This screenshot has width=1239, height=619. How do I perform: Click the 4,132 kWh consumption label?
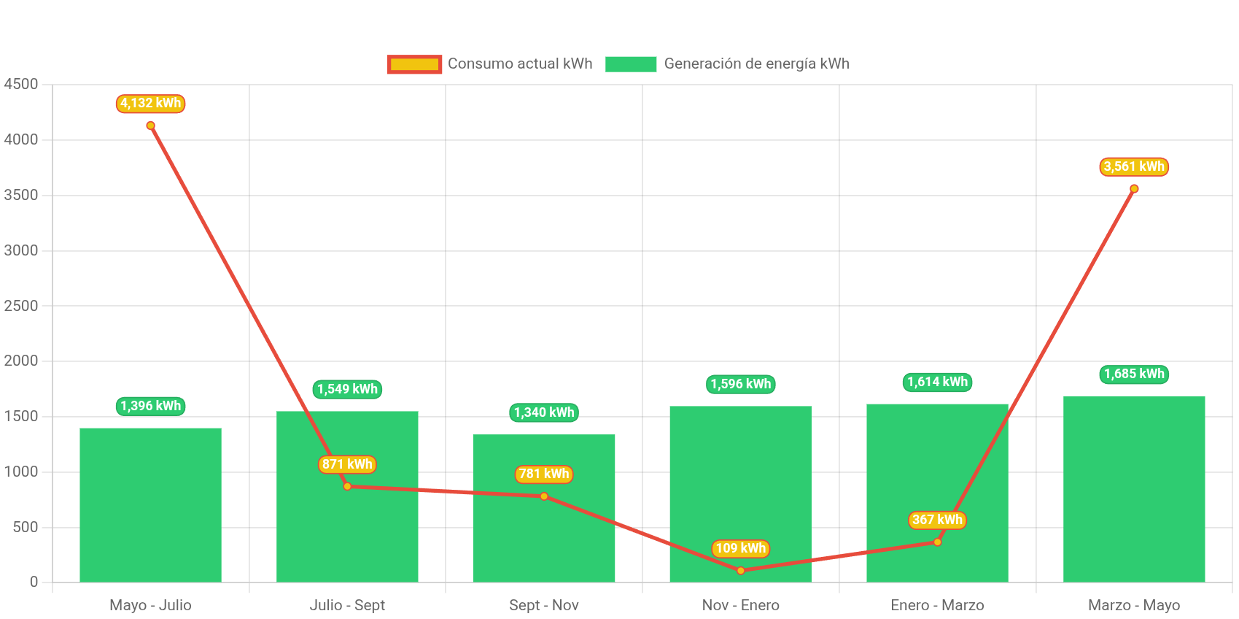coord(150,104)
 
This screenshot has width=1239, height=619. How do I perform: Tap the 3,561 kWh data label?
coord(1133,167)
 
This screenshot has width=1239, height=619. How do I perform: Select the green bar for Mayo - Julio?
coord(150,511)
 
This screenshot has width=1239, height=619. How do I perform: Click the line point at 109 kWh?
coord(740,571)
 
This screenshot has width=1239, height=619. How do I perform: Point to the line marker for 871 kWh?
coord(347,486)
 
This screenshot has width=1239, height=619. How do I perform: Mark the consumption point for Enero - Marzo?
coord(937,542)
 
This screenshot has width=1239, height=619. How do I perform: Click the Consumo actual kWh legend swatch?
coord(414,64)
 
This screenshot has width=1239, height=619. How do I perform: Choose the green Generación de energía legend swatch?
coord(631,64)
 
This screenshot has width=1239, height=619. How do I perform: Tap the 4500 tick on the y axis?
coord(21,84)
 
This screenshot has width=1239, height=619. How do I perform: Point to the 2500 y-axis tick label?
coord(21,306)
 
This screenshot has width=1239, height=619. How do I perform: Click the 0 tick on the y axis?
coord(34,582)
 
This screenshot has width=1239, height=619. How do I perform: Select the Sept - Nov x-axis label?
coord(544,605)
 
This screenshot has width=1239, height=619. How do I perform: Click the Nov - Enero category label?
coord(740,605)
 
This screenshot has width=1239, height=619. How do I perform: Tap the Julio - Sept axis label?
coord(347,605)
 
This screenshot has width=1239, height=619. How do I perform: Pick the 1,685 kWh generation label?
coord(1133,374)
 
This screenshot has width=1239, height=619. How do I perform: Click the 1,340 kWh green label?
coord(544,413)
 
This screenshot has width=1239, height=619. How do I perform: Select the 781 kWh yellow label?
coord(544,474)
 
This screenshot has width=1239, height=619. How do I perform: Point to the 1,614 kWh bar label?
coord(937,382)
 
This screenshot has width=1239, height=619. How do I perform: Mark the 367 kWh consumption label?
coord(937,520)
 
